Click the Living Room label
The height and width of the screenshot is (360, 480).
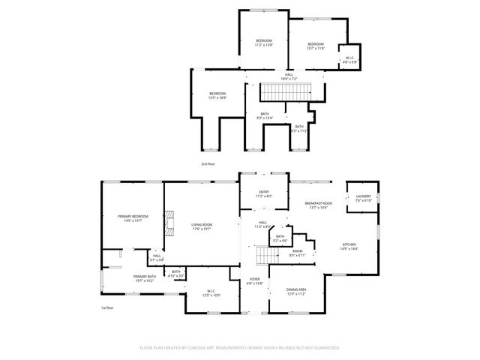(201, 226)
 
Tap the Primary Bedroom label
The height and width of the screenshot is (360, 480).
(133, 218)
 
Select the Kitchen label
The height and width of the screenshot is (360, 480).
(350, 246)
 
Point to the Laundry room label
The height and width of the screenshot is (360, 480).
(363, 198)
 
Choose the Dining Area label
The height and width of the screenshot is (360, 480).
(296, 291)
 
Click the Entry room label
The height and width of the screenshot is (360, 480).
(264, 193)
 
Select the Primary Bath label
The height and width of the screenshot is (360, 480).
(144, 278)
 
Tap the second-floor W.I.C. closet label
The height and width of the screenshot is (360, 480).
(349, 60)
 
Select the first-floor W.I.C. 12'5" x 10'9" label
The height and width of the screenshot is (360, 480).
(211, 293)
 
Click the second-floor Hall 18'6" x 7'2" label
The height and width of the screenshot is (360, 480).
(289, 76)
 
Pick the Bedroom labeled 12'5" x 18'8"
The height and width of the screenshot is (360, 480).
(217, 95)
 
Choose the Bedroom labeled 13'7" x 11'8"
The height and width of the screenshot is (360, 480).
(315, 46)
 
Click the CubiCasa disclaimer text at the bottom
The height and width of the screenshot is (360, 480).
(240, 348)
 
